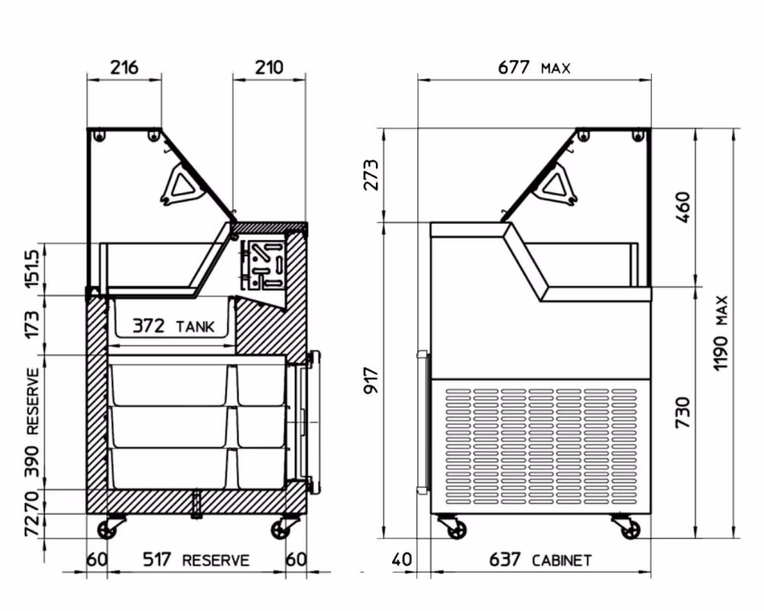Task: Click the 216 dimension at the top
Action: (125, 66)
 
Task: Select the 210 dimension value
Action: (269, 66)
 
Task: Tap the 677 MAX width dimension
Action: (534, 66)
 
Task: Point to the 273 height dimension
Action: (371, 174)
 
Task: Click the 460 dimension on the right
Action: (683, 207)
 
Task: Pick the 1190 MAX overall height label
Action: (720, 333)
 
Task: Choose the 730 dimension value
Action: (683, 412)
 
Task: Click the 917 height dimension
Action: (371, 381)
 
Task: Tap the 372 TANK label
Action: (173, 325)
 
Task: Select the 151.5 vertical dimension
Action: (31, 269)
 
